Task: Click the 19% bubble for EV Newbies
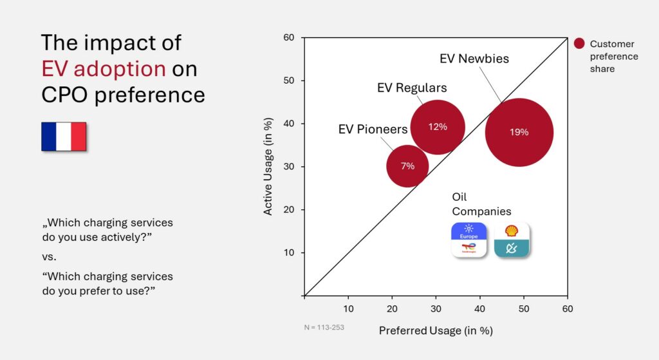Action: click(x=519, y=132)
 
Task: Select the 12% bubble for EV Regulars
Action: click(x=438, y=127)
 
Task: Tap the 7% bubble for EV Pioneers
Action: click(x=407, y=166)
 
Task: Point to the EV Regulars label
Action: click(x=412, y=88)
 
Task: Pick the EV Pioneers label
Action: click(x=373, y=129)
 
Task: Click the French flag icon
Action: click(x=64, y=137)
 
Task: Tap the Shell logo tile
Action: click(x=512, y=240)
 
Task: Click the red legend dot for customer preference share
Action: click(x=579, y=44)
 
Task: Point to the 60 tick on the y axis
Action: click(x=289, y=38)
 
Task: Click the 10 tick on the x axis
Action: click(x=349, y=308)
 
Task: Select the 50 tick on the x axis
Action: click(x=523, y=308)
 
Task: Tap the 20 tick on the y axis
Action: click(x=289, y=210)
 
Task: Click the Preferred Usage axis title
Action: click(x=436, y=331)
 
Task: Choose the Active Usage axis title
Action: click(x=268, y=166)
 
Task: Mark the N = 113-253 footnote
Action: click(x=324, y=327)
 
